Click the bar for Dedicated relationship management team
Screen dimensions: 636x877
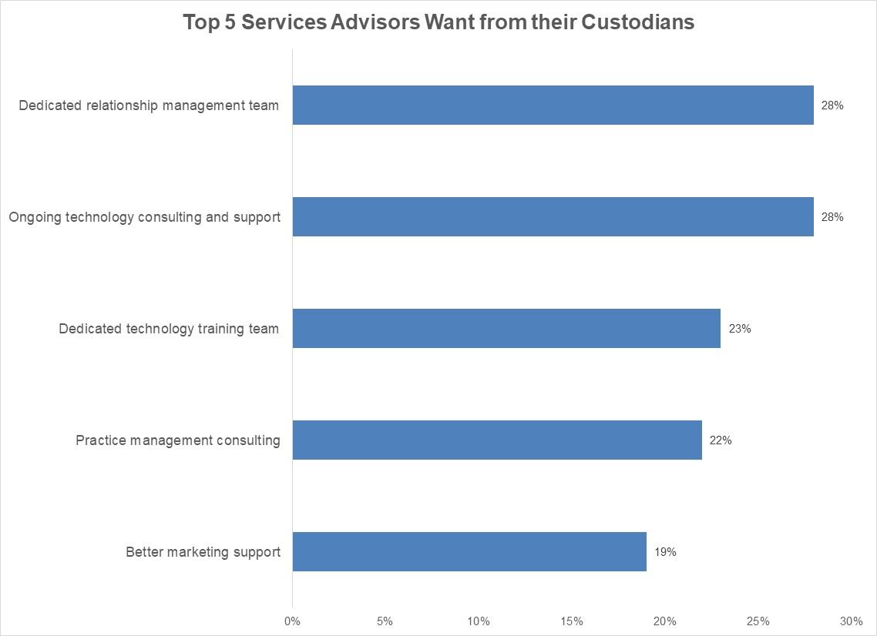(553, 105)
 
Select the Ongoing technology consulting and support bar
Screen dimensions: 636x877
(553, 217)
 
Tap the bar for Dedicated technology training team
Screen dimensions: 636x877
(506, 329)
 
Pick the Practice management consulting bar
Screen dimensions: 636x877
(497, 440)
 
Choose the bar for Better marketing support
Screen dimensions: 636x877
(469, 552)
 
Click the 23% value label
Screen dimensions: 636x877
(740, 329)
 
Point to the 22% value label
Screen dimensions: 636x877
(721, 440)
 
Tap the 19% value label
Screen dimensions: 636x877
(665, 552)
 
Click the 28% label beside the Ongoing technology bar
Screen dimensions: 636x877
(832, 217)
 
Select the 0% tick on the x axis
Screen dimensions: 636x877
(292, 621)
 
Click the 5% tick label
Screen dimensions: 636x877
(385, 621)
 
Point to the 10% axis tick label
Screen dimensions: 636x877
(479, 621)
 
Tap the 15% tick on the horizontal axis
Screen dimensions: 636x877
(572, 621)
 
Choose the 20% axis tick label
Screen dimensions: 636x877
(665, 621)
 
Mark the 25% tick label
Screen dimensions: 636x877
(758, 621)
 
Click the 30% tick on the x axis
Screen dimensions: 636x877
(851, 621)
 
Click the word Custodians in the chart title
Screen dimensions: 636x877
(637, 22)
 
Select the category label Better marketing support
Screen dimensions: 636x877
(203, 552)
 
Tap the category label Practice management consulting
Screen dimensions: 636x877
(178, 440)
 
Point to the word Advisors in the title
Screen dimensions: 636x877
(374, 22)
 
